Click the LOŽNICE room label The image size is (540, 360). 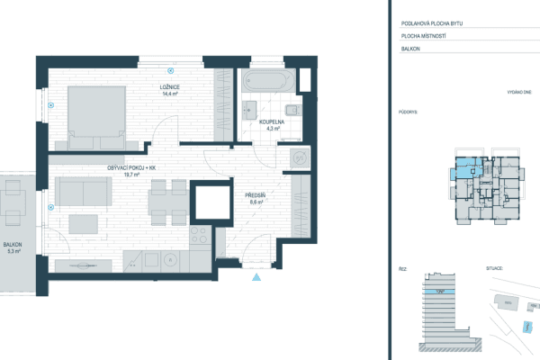167,89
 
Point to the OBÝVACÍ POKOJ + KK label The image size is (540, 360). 125,169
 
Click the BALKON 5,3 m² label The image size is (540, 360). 13,247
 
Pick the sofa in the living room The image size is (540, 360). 84,190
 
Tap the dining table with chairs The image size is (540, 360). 166,202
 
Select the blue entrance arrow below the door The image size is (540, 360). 256,276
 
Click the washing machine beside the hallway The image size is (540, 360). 299,159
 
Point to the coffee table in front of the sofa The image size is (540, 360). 85,221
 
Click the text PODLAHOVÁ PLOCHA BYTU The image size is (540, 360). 435,23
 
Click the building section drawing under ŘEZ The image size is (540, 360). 438,310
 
